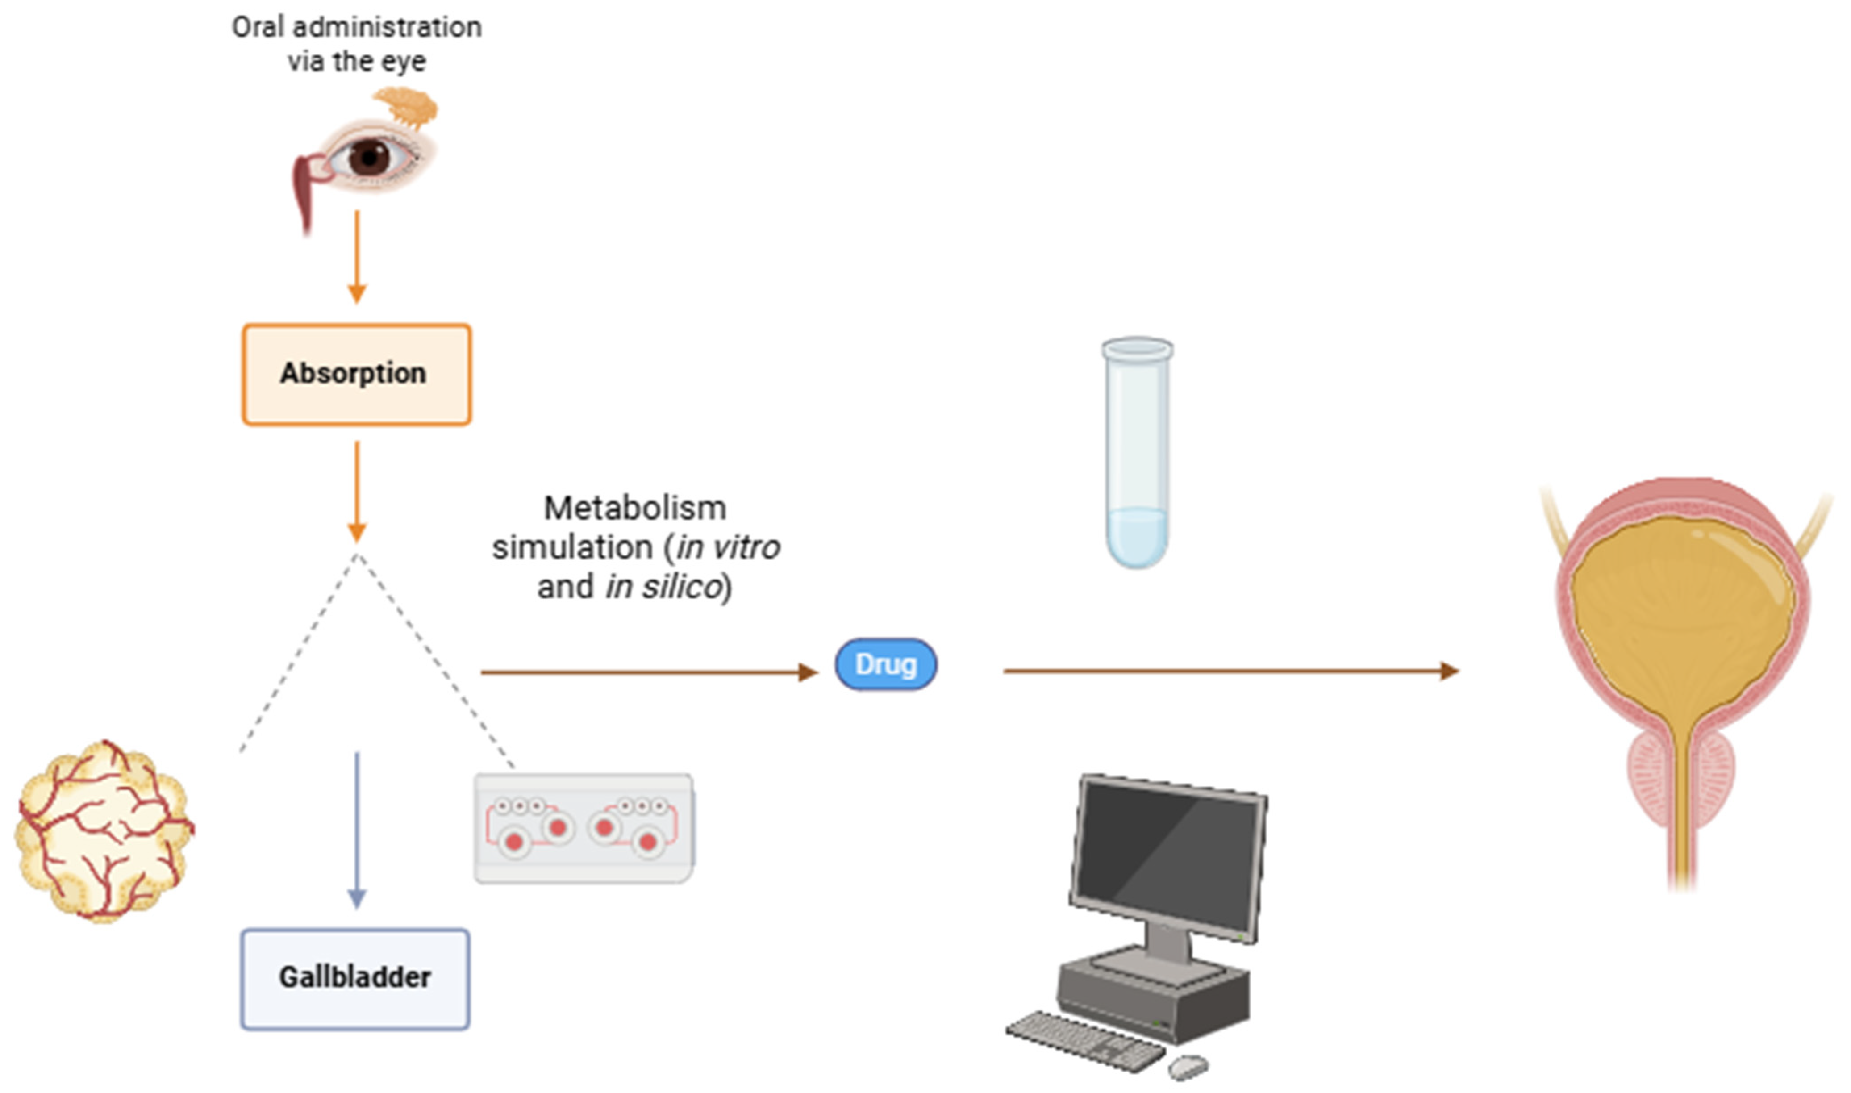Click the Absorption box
tap(356, 374)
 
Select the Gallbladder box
tap(355, 978)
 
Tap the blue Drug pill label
tap(886, 664)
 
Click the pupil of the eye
tap(368, 156)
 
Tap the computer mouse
tap(1188, 1064)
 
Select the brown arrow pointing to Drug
tap(648, 672)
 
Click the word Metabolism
tap(635, 508)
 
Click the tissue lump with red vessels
tap(103, 831)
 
